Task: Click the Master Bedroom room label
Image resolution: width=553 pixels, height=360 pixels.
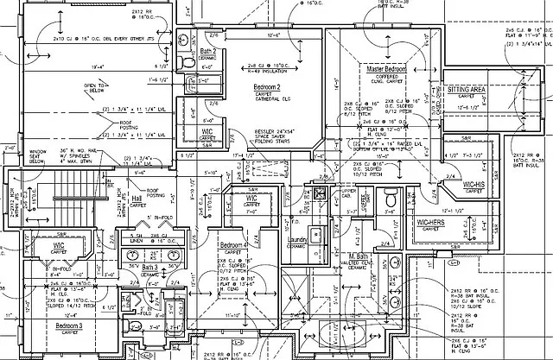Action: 386,67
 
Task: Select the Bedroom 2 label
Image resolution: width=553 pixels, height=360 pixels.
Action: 272,88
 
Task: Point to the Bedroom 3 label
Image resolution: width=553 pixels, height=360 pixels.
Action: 69,326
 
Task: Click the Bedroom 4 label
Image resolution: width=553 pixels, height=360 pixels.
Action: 233,245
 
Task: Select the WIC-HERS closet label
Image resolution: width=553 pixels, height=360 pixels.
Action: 433,224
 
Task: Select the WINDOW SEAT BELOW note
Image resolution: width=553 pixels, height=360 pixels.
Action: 38,155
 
